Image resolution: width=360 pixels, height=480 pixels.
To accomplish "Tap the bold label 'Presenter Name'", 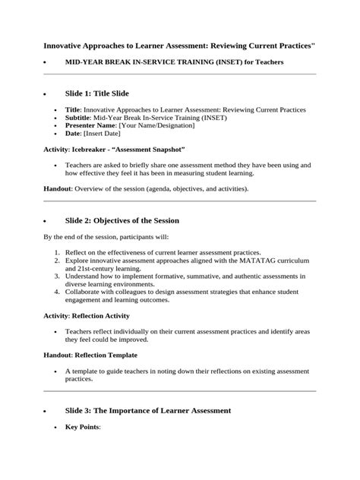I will tap(90, 126).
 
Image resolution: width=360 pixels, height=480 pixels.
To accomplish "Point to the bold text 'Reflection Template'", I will tap(106, 355).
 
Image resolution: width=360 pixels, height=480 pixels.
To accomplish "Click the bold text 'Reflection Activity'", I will tap(103, 315).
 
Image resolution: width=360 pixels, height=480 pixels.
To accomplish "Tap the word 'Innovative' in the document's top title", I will tap(64, 47).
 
